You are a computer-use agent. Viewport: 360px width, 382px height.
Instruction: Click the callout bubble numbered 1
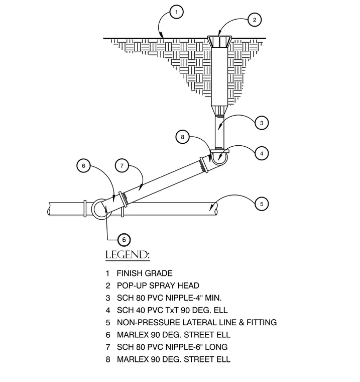click(176, 12)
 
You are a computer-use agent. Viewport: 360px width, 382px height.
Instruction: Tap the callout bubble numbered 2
click(255, 20)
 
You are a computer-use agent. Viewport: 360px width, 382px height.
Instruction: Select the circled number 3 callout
click(262, 123)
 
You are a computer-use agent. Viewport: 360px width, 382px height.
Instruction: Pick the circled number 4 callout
click(262, 153)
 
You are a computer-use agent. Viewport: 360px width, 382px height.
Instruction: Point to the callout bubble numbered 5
click(262, 204)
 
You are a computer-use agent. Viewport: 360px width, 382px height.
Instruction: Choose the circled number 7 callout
click(122, 166)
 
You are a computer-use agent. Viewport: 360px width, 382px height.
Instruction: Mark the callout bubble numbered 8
click(183, 137)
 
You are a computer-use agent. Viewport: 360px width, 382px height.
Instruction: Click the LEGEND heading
click(128, 255)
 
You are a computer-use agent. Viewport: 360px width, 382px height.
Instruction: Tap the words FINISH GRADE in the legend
click(145, 273)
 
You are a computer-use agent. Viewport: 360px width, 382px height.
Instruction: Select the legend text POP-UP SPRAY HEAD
click(158, 285)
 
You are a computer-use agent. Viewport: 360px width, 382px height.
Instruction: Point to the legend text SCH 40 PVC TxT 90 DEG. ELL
click(172, 310)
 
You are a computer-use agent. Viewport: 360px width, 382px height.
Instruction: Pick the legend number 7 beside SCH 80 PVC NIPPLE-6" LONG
click(108, 347)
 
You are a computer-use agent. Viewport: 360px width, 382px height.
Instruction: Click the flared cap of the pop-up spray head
click(219, 42)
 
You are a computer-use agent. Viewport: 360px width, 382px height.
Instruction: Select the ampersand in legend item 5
click(242, 322)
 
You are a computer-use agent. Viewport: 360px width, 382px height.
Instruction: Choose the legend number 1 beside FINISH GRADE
click(107, 273)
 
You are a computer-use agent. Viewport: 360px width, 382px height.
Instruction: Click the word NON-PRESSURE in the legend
click(149, 322)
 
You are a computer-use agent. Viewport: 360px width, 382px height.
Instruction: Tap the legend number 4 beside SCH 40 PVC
click(108, 310)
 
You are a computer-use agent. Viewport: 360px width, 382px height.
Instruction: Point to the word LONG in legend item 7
click(216, 347)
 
